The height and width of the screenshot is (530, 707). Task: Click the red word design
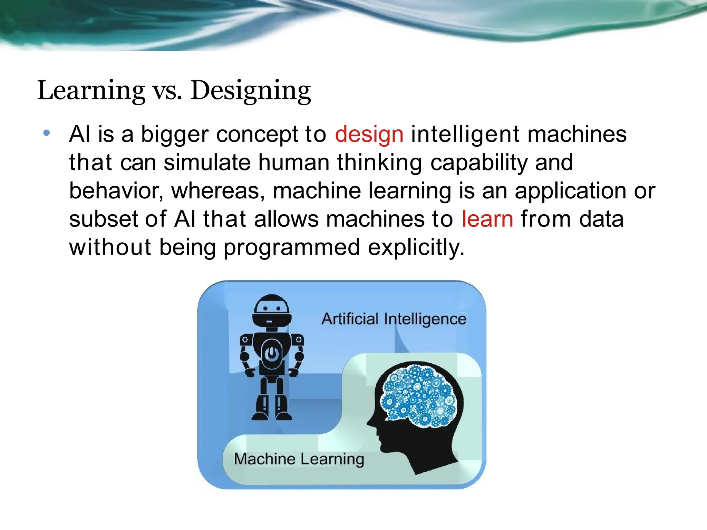[369, 135]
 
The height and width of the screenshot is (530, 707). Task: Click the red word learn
[487, 219]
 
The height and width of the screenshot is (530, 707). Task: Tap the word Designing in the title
[251, 90]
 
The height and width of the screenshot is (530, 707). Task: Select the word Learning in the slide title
[91, 90]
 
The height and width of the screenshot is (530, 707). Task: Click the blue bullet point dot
[47, 133]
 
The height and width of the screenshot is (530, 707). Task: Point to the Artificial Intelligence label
[394, 319]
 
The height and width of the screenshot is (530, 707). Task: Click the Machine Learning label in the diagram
[299, 459]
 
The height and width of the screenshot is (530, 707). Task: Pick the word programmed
[292, 248]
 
